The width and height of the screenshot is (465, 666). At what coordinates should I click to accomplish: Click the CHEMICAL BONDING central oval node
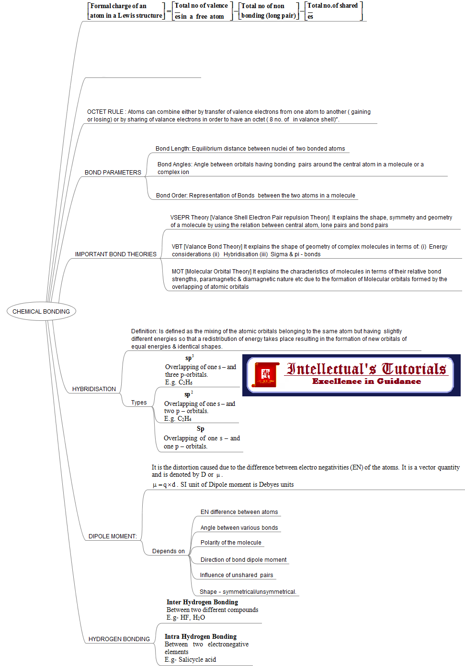(41, 312)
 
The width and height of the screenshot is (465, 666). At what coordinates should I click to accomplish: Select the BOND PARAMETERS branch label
(113, 173)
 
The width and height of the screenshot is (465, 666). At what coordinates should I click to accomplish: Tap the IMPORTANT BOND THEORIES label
(116, 254)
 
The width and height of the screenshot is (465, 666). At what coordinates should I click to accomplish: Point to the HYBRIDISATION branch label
(94, 389)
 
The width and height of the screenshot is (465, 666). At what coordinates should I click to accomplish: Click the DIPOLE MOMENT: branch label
(113, 536)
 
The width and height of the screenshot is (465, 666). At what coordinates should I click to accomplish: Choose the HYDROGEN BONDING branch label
(119, 639)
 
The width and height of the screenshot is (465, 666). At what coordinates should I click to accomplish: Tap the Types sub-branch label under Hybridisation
(139, 403)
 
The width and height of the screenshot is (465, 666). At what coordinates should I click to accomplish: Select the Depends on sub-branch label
(168, 551)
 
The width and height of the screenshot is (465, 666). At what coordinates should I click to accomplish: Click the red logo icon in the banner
(266, 374)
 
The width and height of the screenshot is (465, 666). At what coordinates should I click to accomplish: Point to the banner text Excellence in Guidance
(366, 382)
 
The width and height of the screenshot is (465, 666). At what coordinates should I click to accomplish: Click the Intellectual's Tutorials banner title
(366, 369)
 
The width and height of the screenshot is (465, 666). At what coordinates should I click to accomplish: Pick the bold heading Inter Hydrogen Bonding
(202, 602)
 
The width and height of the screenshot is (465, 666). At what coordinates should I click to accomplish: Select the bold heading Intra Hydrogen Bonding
(201, 637)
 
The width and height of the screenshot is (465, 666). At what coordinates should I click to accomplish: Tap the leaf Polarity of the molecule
(231, 543)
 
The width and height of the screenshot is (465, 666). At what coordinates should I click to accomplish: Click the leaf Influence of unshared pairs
(237, 575)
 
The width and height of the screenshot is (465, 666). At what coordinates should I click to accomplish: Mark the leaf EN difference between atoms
(239, 512)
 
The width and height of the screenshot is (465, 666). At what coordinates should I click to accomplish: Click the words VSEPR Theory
(190, 218)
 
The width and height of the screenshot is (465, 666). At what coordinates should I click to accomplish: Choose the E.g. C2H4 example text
(178, 419)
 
